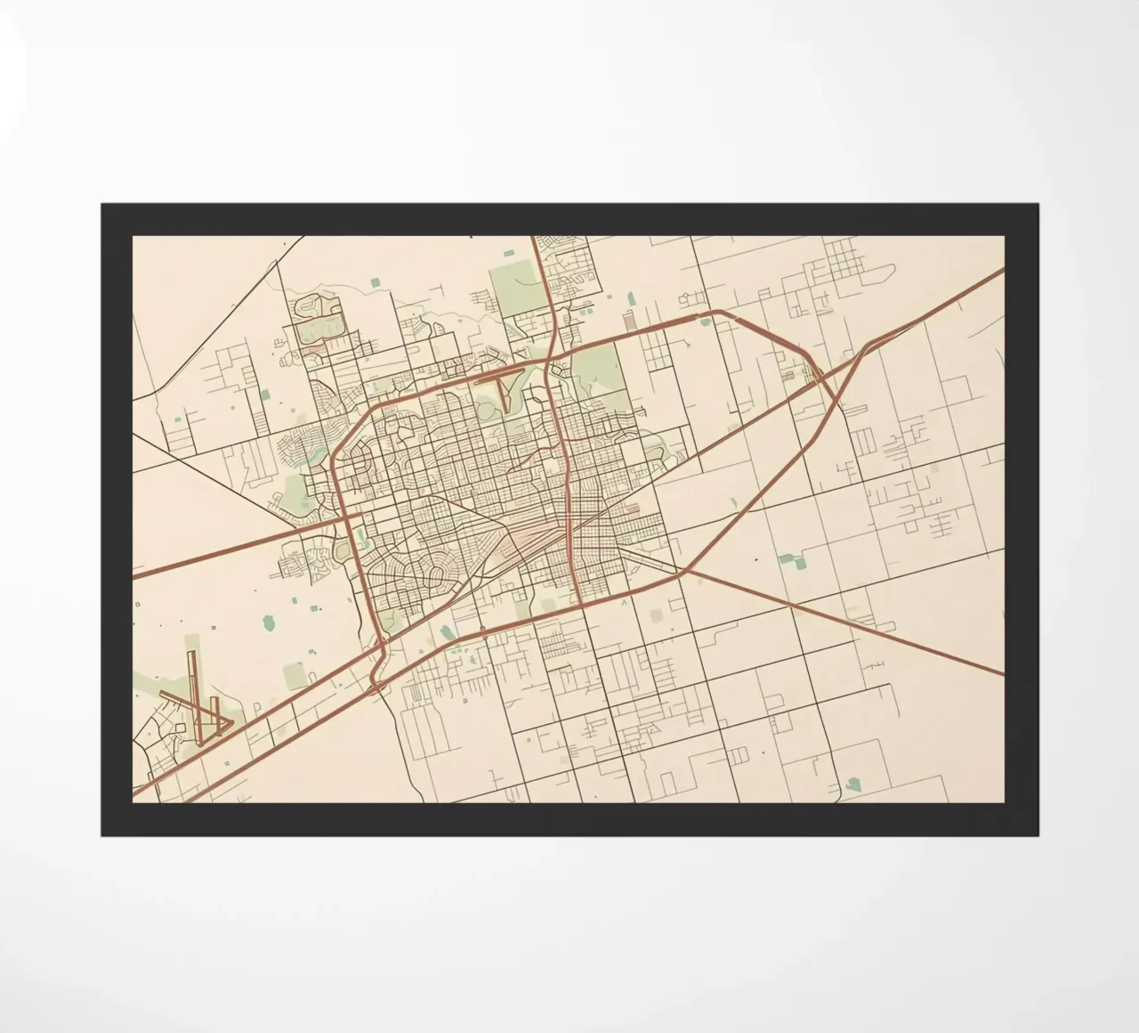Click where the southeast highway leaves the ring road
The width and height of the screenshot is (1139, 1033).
(682, 573)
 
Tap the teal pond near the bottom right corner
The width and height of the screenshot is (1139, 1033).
(854, 784)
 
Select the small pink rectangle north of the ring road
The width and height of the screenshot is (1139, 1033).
(629, 321)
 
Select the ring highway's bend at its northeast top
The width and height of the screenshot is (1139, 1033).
(717, 313)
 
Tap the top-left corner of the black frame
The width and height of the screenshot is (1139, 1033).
(102, 205)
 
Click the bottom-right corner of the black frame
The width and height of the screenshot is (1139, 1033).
(1038, 835)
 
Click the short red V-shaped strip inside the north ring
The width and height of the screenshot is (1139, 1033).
(504, 392)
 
